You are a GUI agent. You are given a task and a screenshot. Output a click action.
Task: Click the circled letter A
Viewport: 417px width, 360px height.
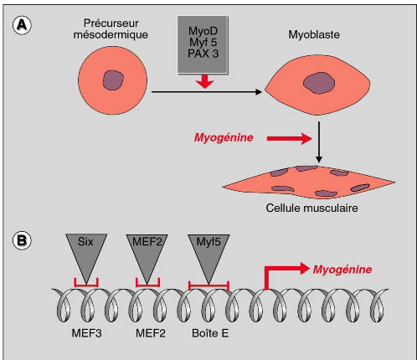(x=22, y=25)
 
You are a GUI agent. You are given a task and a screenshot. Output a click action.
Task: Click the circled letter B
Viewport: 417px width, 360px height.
(x=22, y=240)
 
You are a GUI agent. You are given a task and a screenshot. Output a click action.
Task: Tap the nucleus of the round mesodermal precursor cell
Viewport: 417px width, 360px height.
(x=113, y=80)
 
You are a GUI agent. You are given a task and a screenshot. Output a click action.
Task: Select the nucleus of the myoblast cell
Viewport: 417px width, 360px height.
(x=319, y=83)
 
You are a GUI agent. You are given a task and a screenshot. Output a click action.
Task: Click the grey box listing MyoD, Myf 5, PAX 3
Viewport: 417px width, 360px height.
(x=203, y=44)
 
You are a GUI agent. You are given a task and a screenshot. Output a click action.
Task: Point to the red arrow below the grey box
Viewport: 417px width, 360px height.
(x=204, y=81)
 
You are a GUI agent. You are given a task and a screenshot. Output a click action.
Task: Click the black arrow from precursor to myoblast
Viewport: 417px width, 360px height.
(x=207, y=91)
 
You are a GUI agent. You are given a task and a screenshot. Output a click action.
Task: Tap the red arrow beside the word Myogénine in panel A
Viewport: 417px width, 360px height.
(x=290, y=138)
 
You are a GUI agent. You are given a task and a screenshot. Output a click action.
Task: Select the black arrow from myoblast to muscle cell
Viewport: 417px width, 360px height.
(x=319, y=142)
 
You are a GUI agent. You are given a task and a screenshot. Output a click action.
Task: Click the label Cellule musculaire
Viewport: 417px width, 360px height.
(x=311, y=208)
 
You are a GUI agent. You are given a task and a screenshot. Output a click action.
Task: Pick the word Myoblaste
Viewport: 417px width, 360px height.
(x=314, y=34)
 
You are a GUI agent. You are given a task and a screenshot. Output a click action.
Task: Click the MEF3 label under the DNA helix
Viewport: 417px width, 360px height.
(x=86, y=333)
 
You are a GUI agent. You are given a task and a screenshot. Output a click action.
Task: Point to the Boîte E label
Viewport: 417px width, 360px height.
(x=210, y=333)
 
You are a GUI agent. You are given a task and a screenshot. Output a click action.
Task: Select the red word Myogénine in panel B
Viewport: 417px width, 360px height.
(x=342, y=270)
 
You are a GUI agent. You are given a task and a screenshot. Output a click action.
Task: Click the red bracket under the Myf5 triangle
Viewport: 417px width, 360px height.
(x=208, y=285)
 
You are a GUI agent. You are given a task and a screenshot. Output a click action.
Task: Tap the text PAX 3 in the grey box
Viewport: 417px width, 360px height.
(x=203, y=54)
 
